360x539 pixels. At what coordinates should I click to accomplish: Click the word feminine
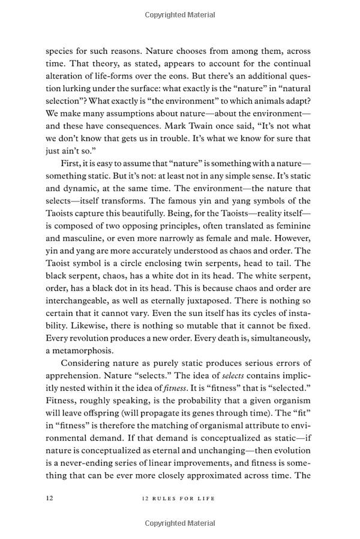click(292, 227)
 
